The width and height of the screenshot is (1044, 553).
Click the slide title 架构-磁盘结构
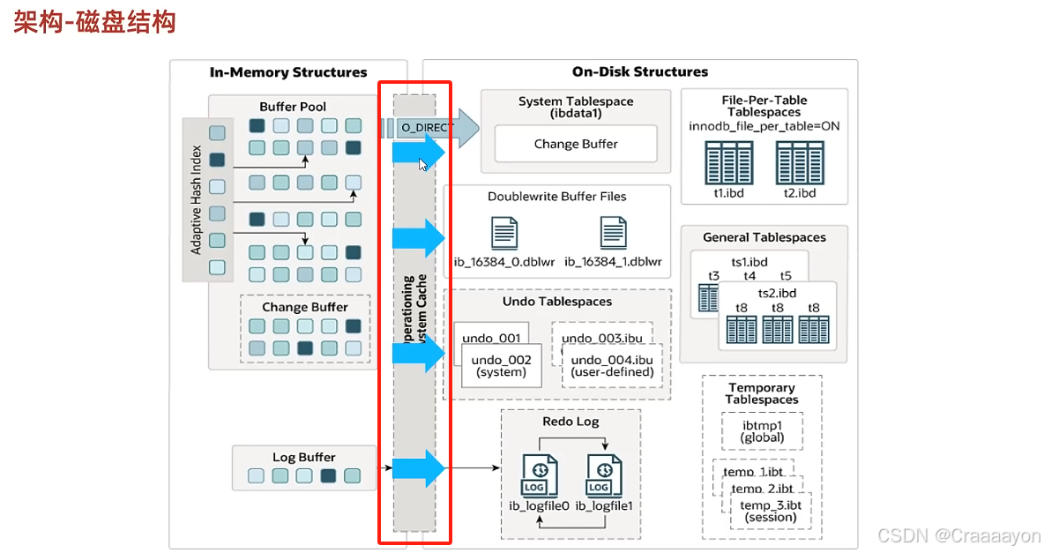(95, 22)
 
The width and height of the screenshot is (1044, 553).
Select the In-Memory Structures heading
(288, 72)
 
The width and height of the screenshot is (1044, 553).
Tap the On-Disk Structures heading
(639, 72)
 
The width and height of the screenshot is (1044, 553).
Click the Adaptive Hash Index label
(197, 199)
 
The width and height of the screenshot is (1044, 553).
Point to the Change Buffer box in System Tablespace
(576, 144)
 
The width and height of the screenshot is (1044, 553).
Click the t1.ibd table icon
(728, 162)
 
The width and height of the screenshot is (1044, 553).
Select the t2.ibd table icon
(800, 162)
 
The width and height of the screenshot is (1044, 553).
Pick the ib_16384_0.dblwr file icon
(505, 233)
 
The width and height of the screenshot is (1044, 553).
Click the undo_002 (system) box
(500, 365)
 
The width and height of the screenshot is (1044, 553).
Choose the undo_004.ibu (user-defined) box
(612, 365)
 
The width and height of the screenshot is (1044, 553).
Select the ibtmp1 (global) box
(762, 430)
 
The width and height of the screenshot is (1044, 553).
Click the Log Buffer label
(303, 457)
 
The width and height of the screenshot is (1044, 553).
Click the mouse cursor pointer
(423, 164)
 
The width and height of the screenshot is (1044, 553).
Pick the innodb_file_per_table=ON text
(764, 126)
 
